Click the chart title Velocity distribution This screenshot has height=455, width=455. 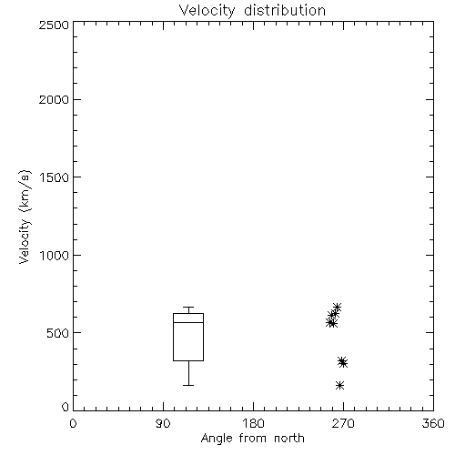[x=252, y=10]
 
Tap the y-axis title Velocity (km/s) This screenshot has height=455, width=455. [x=25, y=217]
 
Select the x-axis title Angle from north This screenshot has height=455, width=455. [x=252, y=439]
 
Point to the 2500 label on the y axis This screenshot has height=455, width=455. [x=54, y=25]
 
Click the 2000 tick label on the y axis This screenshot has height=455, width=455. [x=54, y=99]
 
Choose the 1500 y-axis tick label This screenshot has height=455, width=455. [x=55, y=177]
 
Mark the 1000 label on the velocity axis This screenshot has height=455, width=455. [x=55, y=256]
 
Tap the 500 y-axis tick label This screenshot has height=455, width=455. [x=58, y=333]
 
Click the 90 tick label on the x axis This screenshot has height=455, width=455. [x=163, y=423]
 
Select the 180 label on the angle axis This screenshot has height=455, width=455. [x=253, y=423]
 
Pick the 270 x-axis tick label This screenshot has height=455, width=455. [x=343, y=423]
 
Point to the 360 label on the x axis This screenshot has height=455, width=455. [x=433, y=423]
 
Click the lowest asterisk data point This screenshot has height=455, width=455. [x=339, y=386]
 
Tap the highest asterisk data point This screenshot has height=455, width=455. [x=337, y=308]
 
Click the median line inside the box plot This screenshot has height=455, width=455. [x=188, y=322]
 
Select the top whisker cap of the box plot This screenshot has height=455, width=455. [x=188, y=308]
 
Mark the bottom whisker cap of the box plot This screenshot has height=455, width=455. [x=188, y=385]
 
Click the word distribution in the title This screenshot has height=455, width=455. [x=285, y=10]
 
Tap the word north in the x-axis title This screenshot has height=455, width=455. [x=289, y=439]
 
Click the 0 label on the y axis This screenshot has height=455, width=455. [x=66, y=407]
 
